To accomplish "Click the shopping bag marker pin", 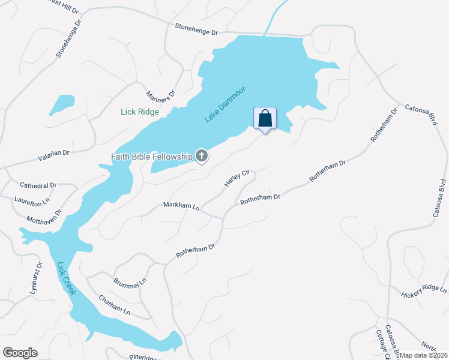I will pyautogui.click(x=265, y=118).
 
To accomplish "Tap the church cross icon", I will pyautogui.click(x=202, y=157).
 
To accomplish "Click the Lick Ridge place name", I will pyautogui.click(x=140, y=112).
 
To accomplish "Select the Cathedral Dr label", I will pyautogui.click(x=38, y=185).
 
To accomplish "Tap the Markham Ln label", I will pyautogui.click(x=181, y=206).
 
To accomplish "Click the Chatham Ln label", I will pyautogui.click(x=114, y=305).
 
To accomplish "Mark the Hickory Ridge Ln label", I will pyautogui.click(x=424, y=291).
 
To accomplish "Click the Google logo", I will pyautogui.click(x=20, y=353).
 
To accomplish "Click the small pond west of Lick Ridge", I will pyautogui.click(x=62, y=104).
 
